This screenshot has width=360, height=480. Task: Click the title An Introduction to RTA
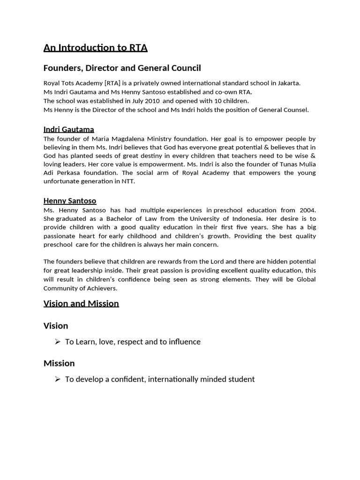point(95,47)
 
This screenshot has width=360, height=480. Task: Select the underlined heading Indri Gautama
point(68,129)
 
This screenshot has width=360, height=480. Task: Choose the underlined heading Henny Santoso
point(70,201)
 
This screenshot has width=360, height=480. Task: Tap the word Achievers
point(101,288)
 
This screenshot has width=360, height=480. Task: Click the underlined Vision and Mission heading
point(81,303)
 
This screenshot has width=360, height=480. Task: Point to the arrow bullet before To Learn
point(58,342)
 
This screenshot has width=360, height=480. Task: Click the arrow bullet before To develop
point(58,379)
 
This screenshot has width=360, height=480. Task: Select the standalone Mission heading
point(59,363)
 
